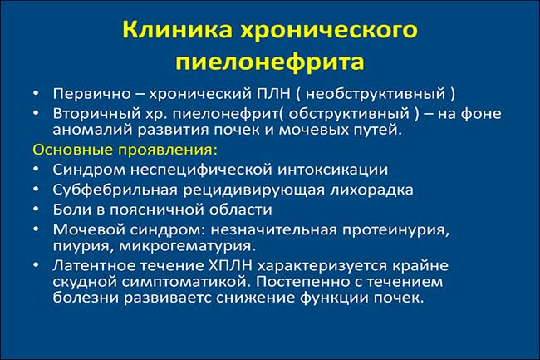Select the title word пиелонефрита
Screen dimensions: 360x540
pos(270,62)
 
